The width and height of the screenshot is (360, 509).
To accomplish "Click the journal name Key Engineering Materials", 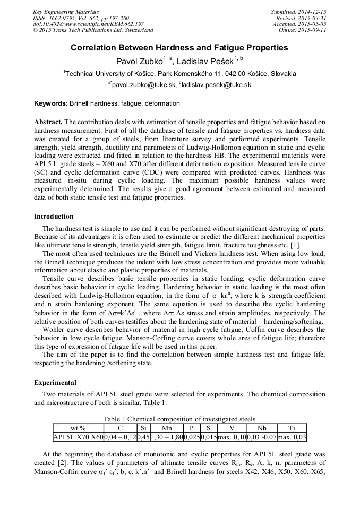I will pos(65,12).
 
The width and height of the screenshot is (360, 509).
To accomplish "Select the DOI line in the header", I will pos(88,24).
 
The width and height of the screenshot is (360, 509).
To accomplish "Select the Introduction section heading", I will pos(54,217).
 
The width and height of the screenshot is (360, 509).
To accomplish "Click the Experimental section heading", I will pos(55,382).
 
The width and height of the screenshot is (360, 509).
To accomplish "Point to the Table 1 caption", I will pos(179,419).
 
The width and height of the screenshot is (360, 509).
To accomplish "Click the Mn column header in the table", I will pos(167,428).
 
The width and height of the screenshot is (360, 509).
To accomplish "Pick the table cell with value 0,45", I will pos(143,437).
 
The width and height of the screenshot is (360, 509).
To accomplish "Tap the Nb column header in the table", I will pos(262,428).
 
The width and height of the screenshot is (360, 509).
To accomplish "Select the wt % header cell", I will pos(78,428).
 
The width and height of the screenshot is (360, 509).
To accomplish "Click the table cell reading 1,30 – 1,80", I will pos(167,437).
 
